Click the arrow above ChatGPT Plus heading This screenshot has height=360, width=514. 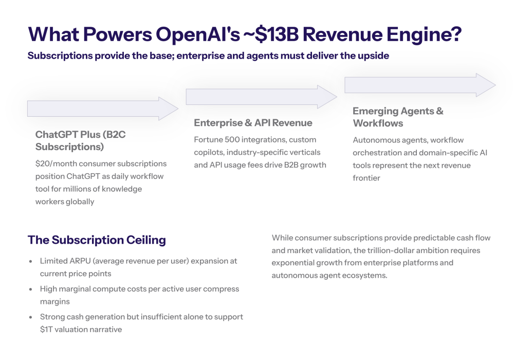pos(103,109)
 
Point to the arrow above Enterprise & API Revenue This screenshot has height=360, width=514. pos(261,97)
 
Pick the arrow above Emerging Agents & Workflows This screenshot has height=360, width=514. pos(420,85)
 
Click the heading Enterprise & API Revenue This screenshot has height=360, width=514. pos(253,122)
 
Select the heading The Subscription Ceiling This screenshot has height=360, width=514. pos(97,240)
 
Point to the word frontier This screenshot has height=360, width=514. pos(366,178)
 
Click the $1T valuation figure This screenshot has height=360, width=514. pos(46,330)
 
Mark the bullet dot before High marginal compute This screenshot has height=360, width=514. pos(30,290)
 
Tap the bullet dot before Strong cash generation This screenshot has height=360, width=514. pos(30,317)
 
